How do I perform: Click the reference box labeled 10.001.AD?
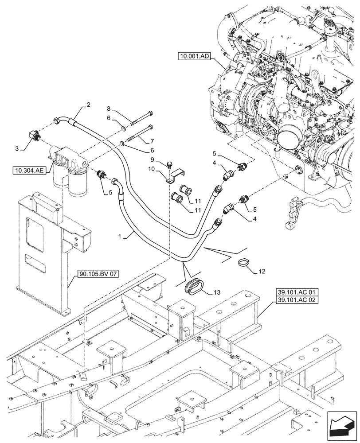(x=196, y=56)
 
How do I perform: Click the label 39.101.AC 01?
(x=291, y=293)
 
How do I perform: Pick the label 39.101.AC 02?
(x=291, y=301)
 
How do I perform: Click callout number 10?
(x=151, y=169)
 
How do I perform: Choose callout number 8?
(x=109, y=108)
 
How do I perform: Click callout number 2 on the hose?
(x=88, y=105)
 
